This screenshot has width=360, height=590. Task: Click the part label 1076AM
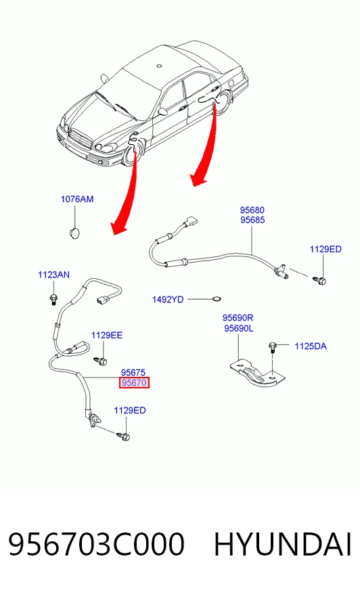77,199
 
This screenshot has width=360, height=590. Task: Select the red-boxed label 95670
134,383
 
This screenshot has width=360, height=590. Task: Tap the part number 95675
133,373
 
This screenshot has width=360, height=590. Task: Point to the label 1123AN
53,275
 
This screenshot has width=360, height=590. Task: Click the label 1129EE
107,336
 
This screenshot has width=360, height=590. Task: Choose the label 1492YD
168,300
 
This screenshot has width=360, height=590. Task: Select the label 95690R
238,318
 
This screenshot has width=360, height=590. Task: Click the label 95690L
238,328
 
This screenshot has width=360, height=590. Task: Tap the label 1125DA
311,346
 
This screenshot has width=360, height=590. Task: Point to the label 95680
252,210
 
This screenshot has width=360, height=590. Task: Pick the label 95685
252,220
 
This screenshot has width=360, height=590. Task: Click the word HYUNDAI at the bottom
283,545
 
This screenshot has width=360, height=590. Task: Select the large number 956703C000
96,545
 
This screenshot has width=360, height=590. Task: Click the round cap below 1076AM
75,233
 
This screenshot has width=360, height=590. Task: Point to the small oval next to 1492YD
217,299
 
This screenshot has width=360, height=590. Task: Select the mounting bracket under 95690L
258,374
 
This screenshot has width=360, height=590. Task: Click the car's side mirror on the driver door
162,112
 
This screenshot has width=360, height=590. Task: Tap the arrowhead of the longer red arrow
120,228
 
